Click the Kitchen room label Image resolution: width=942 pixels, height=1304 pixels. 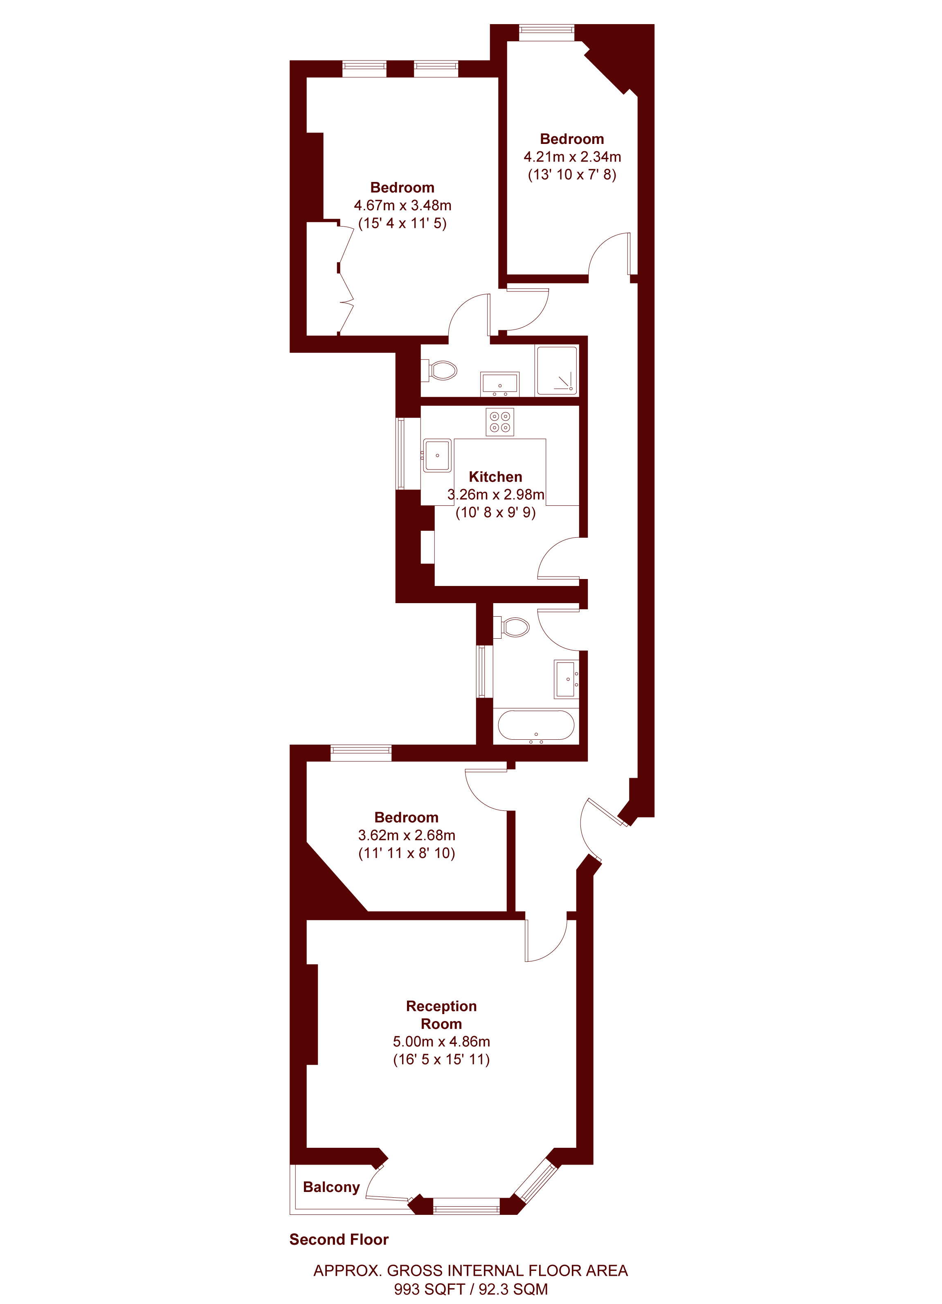(495, 477)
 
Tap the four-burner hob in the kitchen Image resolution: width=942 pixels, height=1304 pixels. (500, 422)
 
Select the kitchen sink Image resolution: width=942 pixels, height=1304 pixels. (437, 456)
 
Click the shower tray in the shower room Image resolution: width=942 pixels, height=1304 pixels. (556, 371)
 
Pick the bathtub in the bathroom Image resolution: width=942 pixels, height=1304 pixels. (536, 725)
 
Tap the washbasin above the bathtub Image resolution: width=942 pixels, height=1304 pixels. (566, 679)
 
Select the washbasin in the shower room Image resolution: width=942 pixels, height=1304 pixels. (500, 384)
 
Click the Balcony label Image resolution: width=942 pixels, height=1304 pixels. (331, 1187)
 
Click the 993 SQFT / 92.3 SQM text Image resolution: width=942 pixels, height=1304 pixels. (470, 1289)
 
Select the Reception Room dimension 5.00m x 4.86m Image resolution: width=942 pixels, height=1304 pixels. (441, 1041)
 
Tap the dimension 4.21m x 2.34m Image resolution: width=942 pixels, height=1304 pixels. (572, 156)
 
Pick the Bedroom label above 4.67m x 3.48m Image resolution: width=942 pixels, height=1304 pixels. (402, 187)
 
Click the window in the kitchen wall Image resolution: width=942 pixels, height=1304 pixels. (400, 453)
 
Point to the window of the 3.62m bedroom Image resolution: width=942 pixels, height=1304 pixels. (361, 753)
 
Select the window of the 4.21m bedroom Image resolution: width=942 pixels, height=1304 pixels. (546, 33)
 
